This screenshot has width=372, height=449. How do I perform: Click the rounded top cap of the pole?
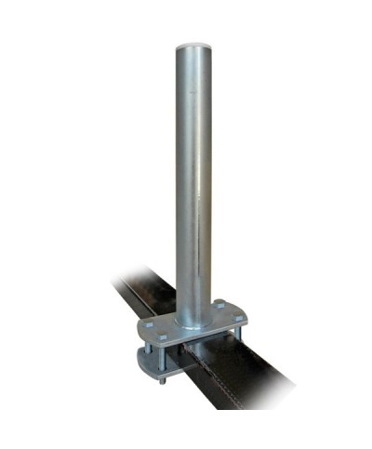tap(193, 44)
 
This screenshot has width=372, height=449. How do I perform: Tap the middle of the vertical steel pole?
tap(193, 177)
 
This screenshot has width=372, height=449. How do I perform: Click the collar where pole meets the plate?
tap(193, 311)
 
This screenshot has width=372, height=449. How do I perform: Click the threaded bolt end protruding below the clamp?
tap(164, 378)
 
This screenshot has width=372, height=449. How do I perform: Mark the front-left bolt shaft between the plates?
tap(171, 357)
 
